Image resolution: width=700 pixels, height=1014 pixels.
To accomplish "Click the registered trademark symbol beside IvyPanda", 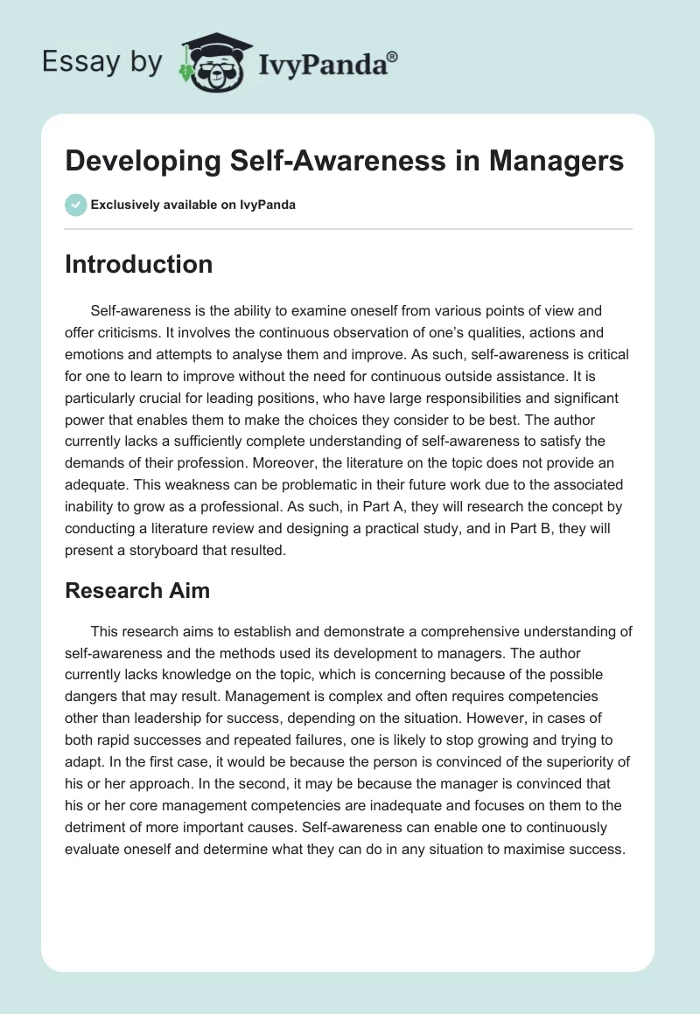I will click(x=392, y=58).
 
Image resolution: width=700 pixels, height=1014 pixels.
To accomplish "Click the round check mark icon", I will click(x=75, y=205).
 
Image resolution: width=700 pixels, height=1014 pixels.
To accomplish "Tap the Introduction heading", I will click(x=138, y=264).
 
